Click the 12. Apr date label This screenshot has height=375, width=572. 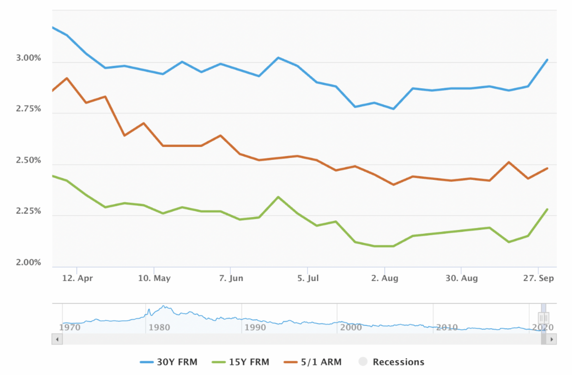coord(77,278)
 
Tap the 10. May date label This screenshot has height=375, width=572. coord(154,278)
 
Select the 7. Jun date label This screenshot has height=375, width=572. coord(231,278)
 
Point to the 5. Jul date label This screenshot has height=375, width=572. coord(307,278)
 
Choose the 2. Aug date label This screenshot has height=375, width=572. coord(384,278)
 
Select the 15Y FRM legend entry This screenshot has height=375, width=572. coord(240,362)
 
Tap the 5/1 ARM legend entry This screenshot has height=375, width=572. coord(313,362)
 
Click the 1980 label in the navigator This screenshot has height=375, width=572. coord(159,328)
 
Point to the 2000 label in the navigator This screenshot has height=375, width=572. coord(351,328)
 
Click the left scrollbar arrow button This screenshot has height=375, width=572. coord(57,339)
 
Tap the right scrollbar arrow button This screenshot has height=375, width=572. coord(552,339)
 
